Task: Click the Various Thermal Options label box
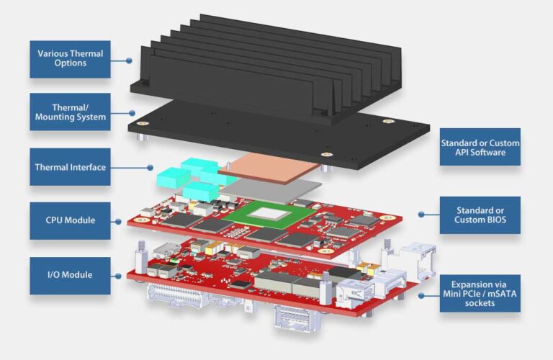click(x=70, y=58)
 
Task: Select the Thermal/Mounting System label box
click(x=70, y=112)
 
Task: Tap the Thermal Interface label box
click(x=70, y=167)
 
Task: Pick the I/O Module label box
click(x=70, y=275)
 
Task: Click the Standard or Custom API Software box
click(x=480, y=148)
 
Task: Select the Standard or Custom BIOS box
click(x=480, y=215)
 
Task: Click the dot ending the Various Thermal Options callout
click(x=130, y=60)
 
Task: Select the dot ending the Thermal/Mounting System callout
click(x=132, y=113)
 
